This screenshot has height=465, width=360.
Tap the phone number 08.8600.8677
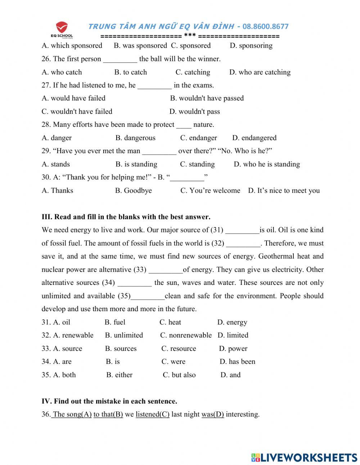(x=265, y=26)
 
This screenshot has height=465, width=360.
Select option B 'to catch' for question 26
(x=131, y=72)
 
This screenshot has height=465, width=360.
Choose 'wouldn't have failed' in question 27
(x=77, y=111)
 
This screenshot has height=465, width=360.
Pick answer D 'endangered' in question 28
(x=254, y=138)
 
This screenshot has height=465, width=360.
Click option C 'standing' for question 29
(x=197, y=164)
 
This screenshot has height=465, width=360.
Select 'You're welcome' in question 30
(x=210, y=191)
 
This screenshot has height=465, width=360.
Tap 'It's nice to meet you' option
(x=284, y=191)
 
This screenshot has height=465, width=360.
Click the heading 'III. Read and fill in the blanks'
(x=126, y=217)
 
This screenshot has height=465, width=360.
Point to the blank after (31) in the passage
(x=242, y=230)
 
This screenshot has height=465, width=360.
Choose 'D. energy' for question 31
(x=232, y=322)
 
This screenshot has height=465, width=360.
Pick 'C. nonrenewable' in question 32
(x=186, y=335)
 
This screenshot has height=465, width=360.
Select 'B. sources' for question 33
(x=121, y=348)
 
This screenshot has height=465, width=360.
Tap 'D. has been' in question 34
(x=237, y=361)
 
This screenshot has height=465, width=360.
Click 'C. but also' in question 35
(x=179, y=375)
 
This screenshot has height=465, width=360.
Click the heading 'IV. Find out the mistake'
(x=109, y=401)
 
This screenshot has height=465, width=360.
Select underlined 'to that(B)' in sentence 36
(x=108, y=414)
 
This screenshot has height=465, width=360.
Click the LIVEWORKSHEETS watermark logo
(x=304, y=457)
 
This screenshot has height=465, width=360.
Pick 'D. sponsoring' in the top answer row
(x=251, y=46)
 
